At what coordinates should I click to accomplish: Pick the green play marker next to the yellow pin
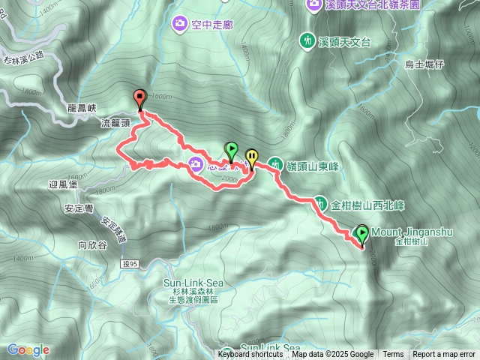tap(232, 151)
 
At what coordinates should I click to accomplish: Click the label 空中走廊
tap(213, 25)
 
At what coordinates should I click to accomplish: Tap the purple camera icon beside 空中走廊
tap(180, 24)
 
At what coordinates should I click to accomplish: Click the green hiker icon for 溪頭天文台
tap(307, 40)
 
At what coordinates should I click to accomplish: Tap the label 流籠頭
tap(115, 121)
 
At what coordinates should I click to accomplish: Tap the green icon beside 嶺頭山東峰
tap(276, 166)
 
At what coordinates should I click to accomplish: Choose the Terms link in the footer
tap(393, 355)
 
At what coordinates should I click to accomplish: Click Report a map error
tap(445, 355)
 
